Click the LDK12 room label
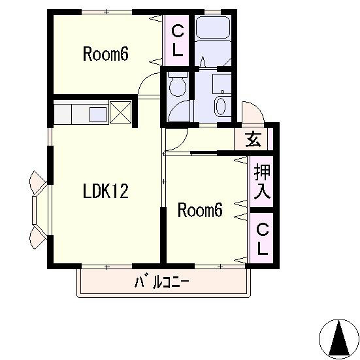coord(105,191)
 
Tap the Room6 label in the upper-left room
coord(105,54)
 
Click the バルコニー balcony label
coord(161,282)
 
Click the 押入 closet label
coord(262,182)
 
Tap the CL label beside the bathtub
coord(178,41)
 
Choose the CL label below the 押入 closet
coord(262,239)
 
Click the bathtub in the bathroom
coord(213,28)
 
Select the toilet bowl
coord(178,85)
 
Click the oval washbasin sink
coord(221,106)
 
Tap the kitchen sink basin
coord(98,114)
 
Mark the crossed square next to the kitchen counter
coord(120,112)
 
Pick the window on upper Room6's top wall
coord(106,12)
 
